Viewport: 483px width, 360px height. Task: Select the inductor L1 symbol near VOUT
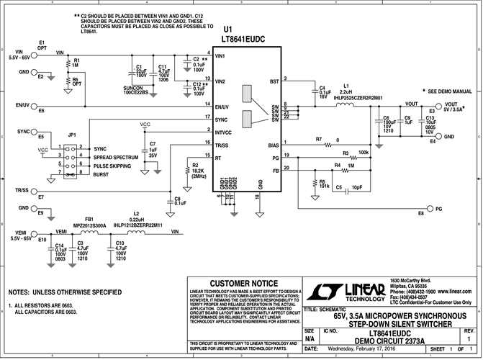346,106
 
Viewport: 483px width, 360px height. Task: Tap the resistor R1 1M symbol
68,63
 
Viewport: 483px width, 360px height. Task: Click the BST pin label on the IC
273,81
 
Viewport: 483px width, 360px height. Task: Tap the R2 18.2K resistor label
199,171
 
